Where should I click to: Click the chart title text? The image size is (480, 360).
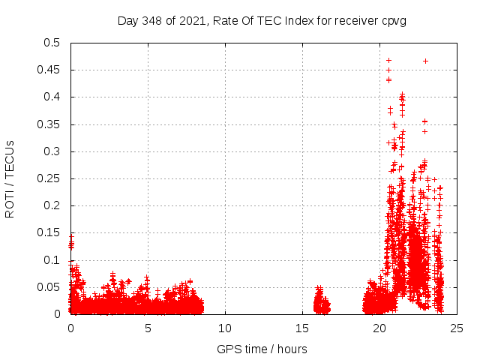point(262,20)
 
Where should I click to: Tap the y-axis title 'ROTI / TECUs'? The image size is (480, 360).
point(10,178)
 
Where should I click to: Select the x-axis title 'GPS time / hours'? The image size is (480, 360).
point(262,349)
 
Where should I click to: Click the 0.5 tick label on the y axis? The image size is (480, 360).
point(52,43)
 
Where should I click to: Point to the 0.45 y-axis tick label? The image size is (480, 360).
point(49,70)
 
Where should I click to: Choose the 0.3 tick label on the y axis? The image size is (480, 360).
point(52,151)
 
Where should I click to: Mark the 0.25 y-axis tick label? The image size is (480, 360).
point(49,178)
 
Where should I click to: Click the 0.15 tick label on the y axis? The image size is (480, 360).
point(49,233)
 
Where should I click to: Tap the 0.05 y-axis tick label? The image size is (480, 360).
point(49,287)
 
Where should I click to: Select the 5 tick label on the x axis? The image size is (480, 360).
point(148,328)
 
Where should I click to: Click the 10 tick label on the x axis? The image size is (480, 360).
point(225,328)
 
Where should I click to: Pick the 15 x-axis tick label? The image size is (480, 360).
point(302,328)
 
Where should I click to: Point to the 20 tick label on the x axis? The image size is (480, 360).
point(379,328)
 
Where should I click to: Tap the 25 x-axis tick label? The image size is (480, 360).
point(457,328)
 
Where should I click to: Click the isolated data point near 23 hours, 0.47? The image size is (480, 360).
point(425,61)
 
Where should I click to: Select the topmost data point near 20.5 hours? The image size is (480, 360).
point(388,60)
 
